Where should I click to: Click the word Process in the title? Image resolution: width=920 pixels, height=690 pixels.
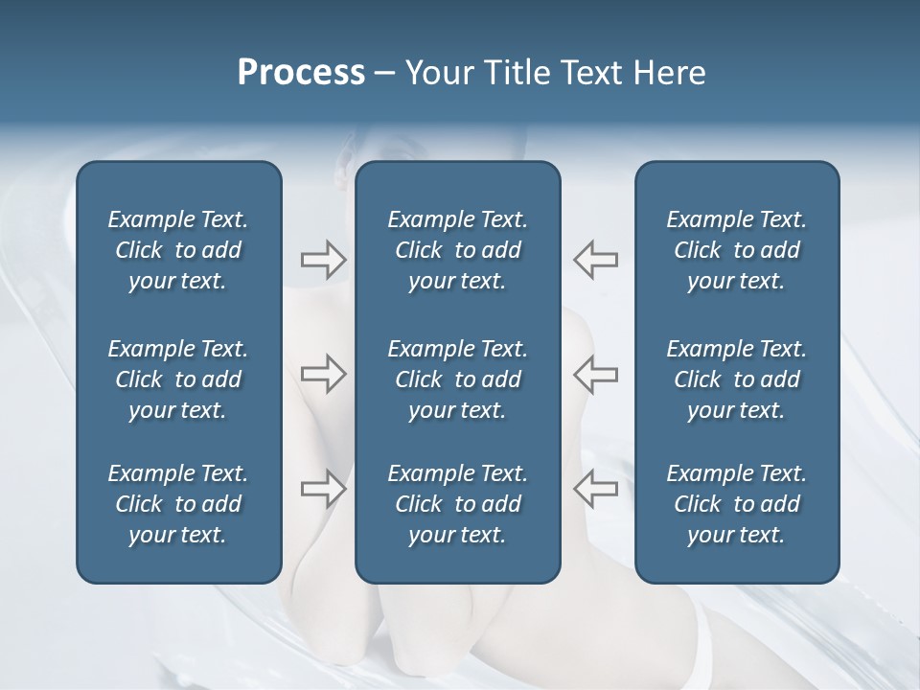click(301, 73)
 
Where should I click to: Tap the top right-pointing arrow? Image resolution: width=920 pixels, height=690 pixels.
click(323, 260)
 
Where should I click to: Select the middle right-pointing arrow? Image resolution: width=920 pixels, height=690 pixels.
click(323, 374)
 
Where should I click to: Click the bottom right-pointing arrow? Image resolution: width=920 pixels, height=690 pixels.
click(323, 488)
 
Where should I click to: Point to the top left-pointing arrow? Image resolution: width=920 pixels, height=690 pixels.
click(595, 260)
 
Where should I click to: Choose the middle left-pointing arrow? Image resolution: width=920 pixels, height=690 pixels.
click(595, 374)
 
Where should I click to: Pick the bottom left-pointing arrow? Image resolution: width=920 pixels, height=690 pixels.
click(595, 488)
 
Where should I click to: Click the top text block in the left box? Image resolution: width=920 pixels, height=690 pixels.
click(178, 250)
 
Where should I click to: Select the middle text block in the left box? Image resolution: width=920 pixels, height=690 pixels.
click(178, 379)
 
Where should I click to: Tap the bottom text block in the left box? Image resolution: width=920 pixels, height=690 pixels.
click(178, 504)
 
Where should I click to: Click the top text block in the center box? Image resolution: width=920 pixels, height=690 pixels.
click(457, 250)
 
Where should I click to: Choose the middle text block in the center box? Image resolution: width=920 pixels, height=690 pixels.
click(457, 379)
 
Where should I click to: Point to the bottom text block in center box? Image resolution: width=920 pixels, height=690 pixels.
click(457, 504)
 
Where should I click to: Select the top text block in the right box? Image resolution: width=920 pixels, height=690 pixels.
click(736, 250)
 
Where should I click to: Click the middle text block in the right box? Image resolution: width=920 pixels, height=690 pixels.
click(736, 379)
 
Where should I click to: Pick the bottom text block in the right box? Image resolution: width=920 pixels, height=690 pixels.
click(736, 504)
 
